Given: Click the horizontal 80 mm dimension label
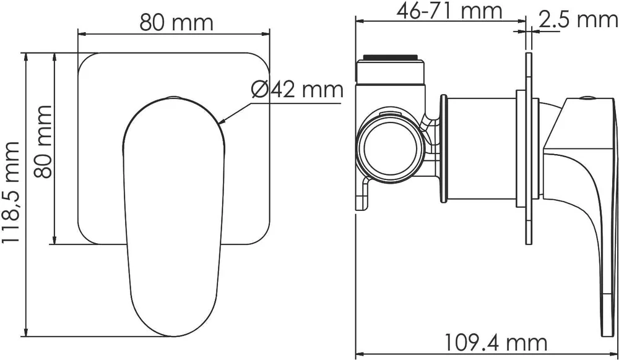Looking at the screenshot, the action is pos(176,23).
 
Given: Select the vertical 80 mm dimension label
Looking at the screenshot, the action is pos(43,142).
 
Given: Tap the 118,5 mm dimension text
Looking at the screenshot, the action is pos(11,192).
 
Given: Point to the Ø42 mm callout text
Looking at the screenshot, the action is pos(297,90).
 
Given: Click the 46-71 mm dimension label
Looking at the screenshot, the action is pos(449,11).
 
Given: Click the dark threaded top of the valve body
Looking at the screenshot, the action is pos(390,57).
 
